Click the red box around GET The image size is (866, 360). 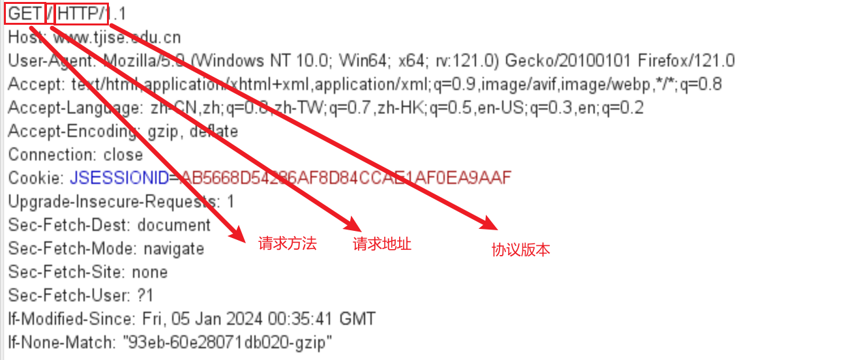click(25, 14)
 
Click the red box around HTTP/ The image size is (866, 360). click(82, 14)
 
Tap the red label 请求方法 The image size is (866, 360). click(287, 244)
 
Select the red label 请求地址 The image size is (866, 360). click(382, 244)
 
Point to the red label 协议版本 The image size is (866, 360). click(520, 249)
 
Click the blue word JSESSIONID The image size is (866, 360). click(119, 178)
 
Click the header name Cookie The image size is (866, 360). click(35, 178)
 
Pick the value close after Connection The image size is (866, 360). click(123, 155)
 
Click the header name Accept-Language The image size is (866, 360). click(73, 108)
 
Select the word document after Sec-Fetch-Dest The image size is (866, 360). click(173, 225)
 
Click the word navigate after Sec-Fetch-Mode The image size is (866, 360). click(173, 248)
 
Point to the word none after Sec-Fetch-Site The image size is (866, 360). click(149, 272)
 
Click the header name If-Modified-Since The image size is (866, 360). click(68, 319)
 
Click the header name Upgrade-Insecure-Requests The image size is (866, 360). click(110, 202)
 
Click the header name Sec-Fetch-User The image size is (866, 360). click(68, 295)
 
